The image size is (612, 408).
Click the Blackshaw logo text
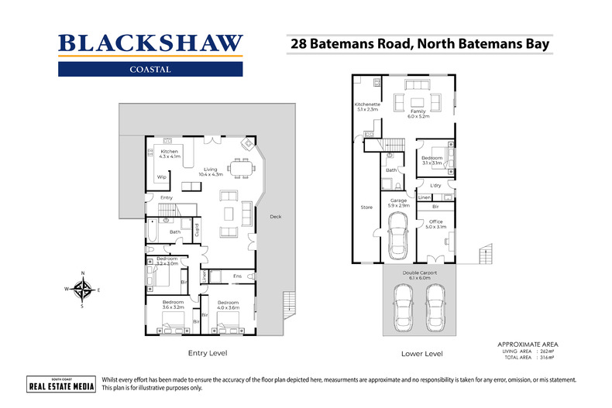(150, 43)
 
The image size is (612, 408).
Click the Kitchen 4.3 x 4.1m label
(169, 154)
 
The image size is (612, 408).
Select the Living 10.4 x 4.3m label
(211, 172)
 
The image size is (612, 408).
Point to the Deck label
(275, 217)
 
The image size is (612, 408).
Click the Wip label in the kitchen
(162, 177)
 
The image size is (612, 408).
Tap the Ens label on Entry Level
(238, 276)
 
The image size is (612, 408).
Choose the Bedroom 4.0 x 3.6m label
(227, 305)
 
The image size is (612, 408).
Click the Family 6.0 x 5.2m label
(418, 114)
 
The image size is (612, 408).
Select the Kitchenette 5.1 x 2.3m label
(366, 107)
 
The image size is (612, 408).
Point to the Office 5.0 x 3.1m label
(435, 225)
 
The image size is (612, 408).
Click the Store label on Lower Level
(366, 207)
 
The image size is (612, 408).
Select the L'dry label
(435, 186)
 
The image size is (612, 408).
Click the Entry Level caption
(208, 353)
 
